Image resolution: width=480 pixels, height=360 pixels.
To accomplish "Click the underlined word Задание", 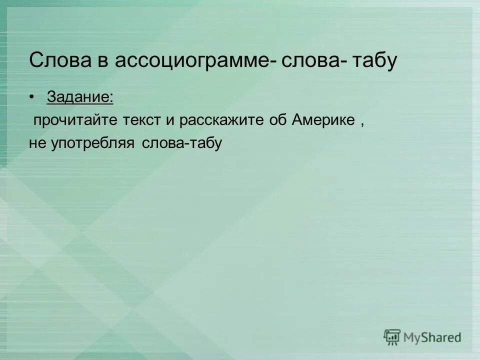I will tap(79, 97).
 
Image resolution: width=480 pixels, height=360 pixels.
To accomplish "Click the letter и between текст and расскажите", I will tap(169, 120).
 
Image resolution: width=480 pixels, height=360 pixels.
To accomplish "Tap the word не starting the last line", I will tap(37, 143).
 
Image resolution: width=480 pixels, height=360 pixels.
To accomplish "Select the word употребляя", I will tap(92, 144).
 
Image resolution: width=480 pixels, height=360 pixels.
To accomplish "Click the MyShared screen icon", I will tap(392, 337).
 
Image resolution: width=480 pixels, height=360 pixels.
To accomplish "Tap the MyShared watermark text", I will tap(432, 337).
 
